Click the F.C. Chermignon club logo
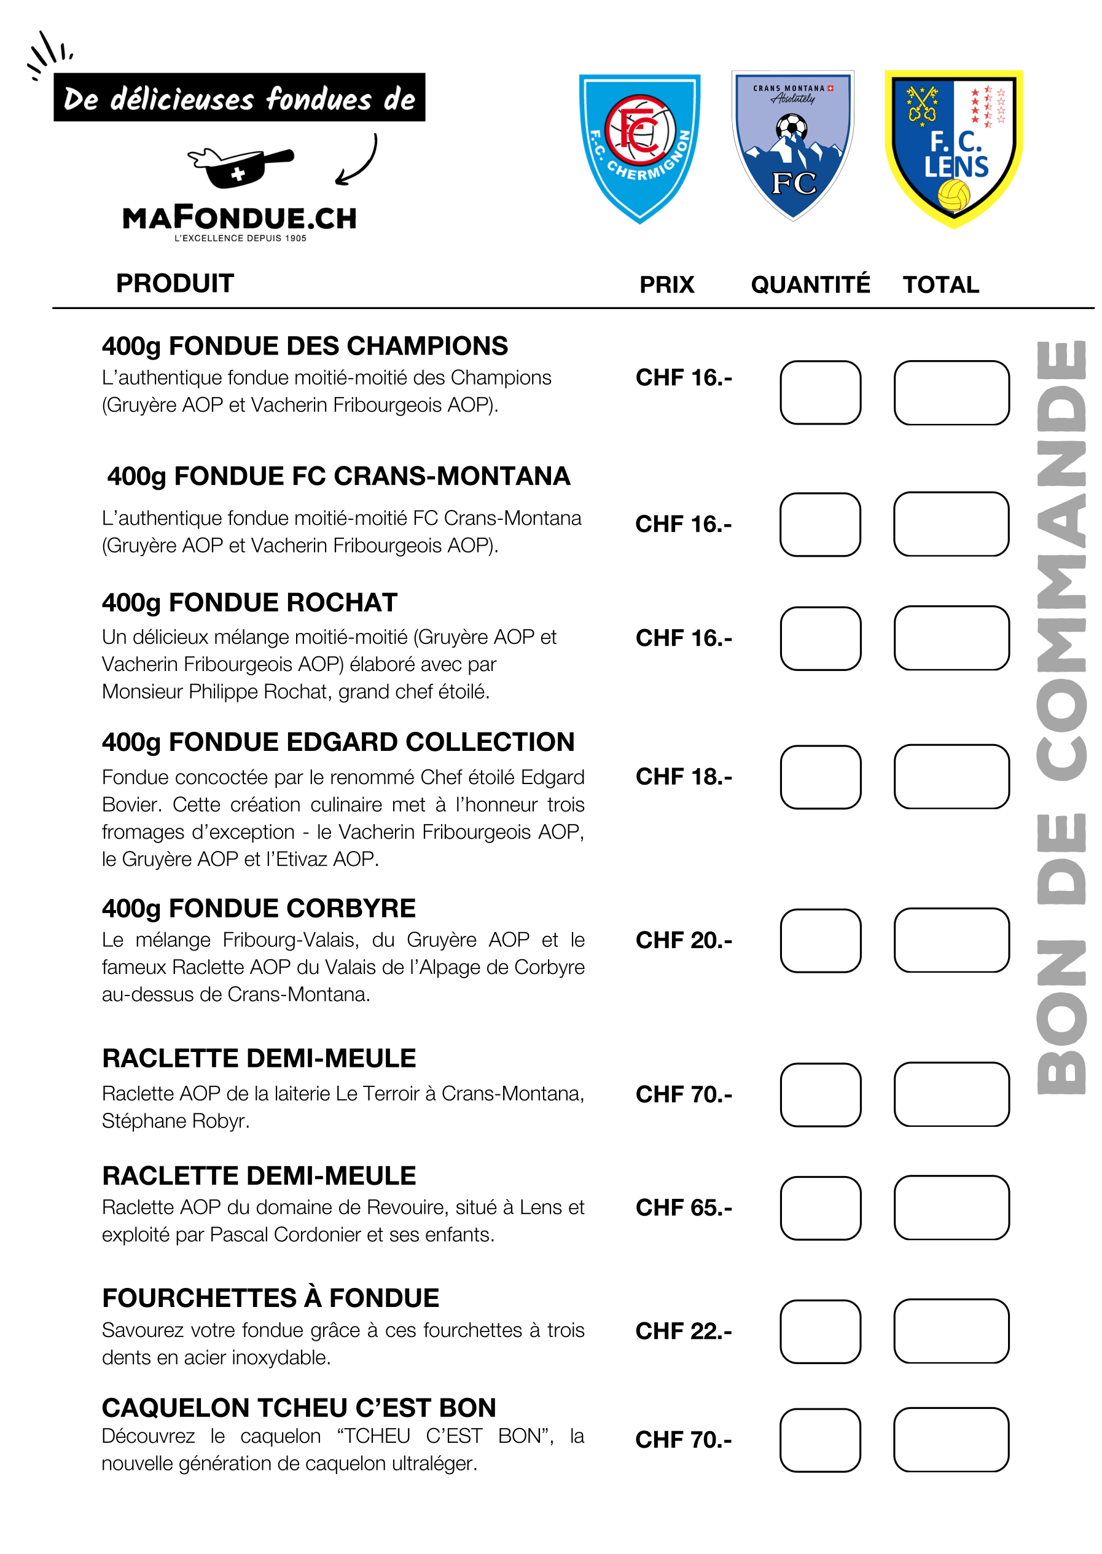click(639, 147)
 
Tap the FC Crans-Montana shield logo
click(792, 144)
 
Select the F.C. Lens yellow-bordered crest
click(953, 148)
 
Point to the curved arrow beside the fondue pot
click(358, 160)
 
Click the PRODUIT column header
click(175, 284)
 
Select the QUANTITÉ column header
click(810, 285)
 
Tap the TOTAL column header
click(940, 285)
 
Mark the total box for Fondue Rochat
click(952, 638)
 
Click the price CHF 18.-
click(683, 776)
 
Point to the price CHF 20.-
click(683, 940)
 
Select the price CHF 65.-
click(683, 1207)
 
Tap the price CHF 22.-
click(683, 1331)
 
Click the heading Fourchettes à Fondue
click(270, 1298)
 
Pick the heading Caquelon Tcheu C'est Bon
click(299, 1407)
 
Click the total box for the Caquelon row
click(951, 1439)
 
